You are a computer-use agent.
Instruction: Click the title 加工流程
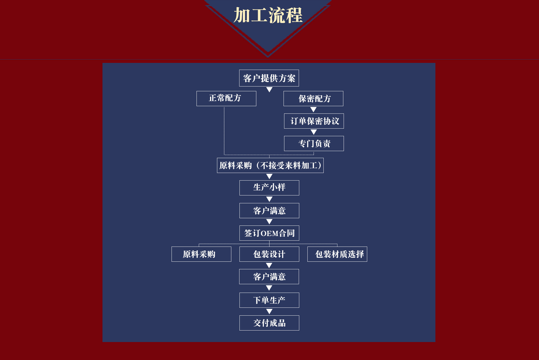point(268,15)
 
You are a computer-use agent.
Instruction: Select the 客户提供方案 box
point(269,78)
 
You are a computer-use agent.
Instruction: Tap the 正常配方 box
point(226,98)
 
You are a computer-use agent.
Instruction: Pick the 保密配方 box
point(313,99)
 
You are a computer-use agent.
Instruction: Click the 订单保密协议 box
point(314,121)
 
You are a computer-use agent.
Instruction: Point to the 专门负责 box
point(314,143)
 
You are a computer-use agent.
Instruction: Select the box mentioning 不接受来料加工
point(270,165)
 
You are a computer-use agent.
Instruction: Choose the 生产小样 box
point(269,188)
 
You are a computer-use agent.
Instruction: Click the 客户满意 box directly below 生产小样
point(269,211)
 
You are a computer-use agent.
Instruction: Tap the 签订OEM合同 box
point(269,233)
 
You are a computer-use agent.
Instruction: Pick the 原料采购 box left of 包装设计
point(201,254)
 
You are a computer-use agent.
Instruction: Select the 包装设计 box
point(269,254)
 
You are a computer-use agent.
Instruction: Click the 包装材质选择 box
point(337,254)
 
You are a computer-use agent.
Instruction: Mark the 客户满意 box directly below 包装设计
point(269,277)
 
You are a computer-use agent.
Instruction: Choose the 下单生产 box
point(269,300)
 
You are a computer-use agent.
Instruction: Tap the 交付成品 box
point(269,323)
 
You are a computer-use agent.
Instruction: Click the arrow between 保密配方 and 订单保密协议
point(313,110)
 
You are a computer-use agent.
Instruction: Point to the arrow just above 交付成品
point(269,311)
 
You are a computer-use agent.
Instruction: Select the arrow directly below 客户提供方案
point(269,90)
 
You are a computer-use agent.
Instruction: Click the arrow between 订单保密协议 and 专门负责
point(314,132)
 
